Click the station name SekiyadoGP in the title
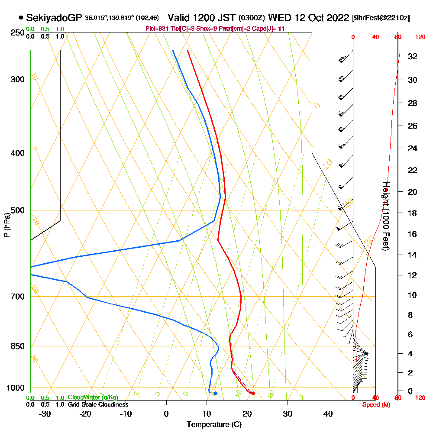[x=54, y=18]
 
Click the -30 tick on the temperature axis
[x=45, y=414]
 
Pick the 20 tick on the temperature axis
[x=247, y=414]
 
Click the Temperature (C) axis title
[x=214, y=425]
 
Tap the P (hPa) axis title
[x=6, y=225]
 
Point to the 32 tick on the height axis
[x=412, y=56]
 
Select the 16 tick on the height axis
[x=412, y=234]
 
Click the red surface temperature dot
[x=253, y=393]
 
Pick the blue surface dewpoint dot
[x=215, y=393]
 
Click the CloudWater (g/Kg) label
[x=93, y=397]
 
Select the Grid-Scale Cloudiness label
[x=98, y=404]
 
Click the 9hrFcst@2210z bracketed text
[x=381, y=18]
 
